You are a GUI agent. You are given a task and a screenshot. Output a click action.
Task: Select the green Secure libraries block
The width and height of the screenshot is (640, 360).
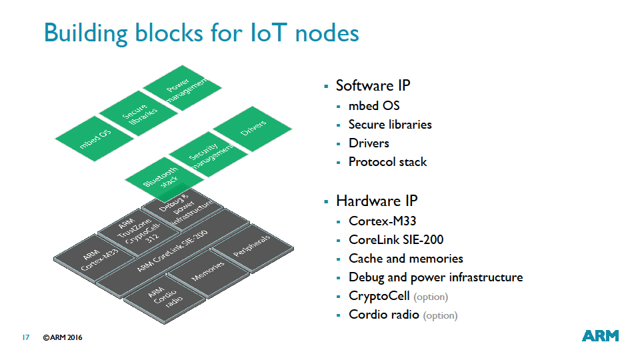[x=139, y=113]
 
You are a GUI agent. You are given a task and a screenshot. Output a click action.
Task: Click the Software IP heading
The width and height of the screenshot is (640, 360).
[x=373, y=85]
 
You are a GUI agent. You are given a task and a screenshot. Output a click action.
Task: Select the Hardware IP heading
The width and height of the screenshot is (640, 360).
[x=377, y=201]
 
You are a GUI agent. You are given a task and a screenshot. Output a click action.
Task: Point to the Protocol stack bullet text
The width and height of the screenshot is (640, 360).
[x=387, y=162]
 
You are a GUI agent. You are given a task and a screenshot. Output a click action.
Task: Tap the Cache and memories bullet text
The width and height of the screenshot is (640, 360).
[x=405, y=259]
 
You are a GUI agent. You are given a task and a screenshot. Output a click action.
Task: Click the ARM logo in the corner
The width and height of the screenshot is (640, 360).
[x=600, y=336]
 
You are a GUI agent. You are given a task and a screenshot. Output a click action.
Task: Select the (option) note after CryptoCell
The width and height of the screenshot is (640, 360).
[x=431, y=297]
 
